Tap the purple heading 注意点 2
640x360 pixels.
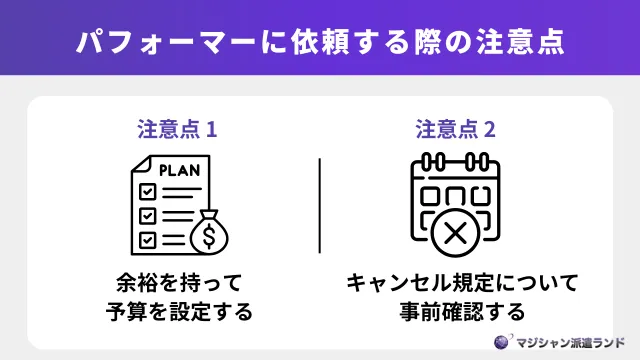coord(455,130)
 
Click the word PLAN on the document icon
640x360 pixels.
coord(180,169)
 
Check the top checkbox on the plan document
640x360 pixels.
coord(146,190)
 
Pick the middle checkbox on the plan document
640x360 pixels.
coord(146,215)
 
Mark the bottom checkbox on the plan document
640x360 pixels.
coord(146,239)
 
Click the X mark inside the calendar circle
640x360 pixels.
coord(455,234)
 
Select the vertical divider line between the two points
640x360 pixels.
coord(320,205)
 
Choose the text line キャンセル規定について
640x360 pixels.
coord(455,281)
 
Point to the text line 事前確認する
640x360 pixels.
coord(455,311)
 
